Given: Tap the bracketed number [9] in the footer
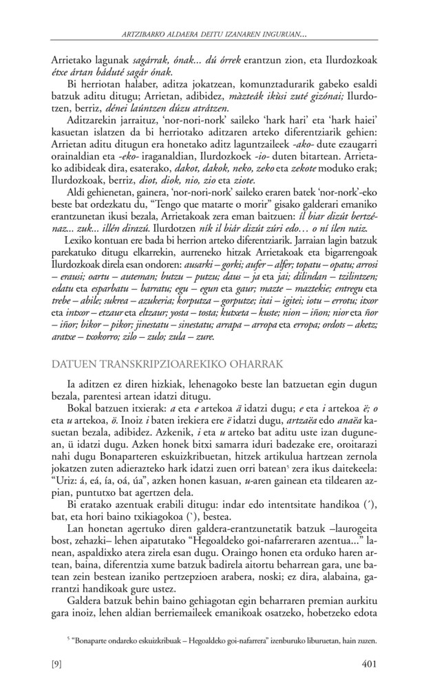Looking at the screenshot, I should [x=58, y=664].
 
